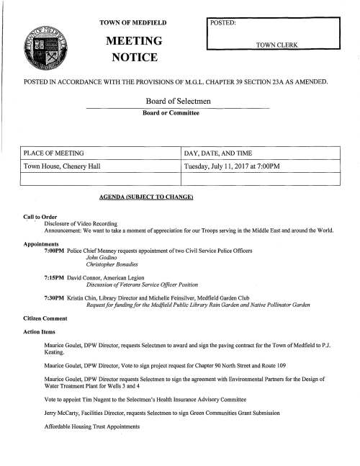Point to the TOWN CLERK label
(277, 45)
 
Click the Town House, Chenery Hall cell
(62, 169)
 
